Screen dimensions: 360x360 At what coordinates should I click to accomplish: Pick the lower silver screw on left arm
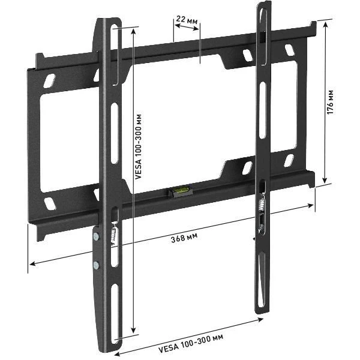tap(96, 264)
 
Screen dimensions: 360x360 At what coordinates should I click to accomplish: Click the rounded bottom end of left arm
tap(107, 348)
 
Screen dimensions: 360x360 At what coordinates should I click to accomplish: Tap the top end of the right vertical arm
tap(262, 7)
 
